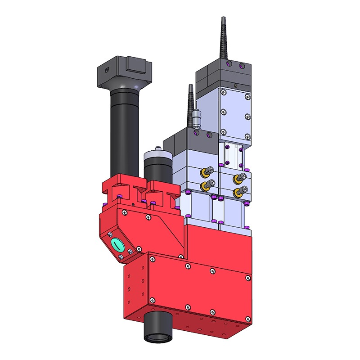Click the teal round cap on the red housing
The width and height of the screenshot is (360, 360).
point(117,245)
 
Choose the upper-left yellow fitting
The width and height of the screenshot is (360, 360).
point(208,171)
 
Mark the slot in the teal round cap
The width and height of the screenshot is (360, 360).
point(117,245)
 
